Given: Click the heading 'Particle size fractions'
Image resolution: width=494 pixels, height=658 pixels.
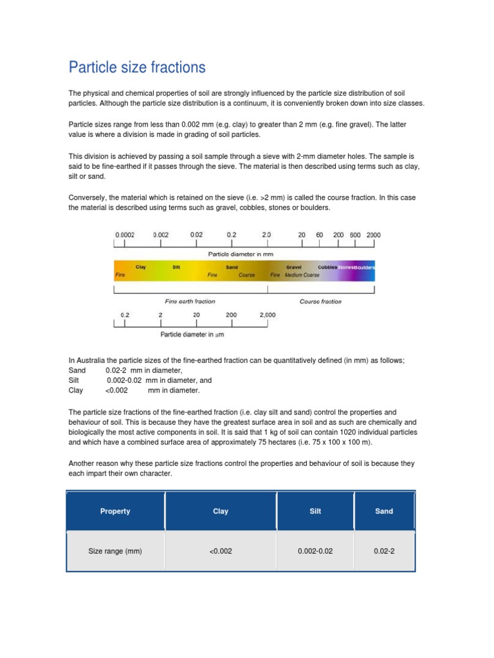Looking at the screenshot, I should point(137,67).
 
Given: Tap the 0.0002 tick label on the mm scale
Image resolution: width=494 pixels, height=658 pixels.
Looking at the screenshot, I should point(125,235).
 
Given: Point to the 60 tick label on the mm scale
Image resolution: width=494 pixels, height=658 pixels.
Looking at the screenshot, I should point(319,235).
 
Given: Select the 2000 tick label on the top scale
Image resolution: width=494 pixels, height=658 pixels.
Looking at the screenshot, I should point(373,235).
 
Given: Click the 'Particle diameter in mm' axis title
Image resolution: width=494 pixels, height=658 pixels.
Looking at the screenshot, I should point(237,254).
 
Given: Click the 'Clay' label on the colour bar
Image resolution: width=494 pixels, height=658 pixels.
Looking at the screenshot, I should point(140,267).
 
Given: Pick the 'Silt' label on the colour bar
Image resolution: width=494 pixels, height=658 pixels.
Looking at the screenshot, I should point(176,267).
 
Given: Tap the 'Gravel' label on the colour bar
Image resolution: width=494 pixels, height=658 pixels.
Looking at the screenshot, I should point(294,267).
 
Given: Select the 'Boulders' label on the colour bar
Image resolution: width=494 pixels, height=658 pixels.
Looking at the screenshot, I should point(365,267).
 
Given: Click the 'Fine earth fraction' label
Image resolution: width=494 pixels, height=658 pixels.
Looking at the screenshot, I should point(190,301).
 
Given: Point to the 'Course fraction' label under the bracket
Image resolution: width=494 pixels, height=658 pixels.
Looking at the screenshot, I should point(320,301).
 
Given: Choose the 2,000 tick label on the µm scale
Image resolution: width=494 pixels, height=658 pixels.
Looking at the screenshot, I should point(268,315).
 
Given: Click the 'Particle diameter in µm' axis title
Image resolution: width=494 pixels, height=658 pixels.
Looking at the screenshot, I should point(192,335).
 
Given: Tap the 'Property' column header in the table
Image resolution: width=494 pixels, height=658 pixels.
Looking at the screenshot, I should point(115,511).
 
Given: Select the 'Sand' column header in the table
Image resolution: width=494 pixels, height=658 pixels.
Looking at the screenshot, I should point(384,511).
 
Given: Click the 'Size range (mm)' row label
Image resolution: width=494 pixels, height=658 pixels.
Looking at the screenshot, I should point(115,551).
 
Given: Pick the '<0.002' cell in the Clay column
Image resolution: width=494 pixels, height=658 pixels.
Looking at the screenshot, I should point(220,551).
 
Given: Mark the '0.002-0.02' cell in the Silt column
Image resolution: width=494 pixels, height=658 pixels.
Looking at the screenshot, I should point(315,551).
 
